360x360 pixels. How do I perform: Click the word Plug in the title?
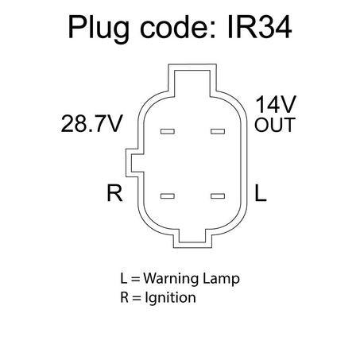99,29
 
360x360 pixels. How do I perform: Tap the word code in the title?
178,27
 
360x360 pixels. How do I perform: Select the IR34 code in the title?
260,27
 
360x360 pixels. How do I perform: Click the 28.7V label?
91,123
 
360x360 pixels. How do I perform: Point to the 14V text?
275,105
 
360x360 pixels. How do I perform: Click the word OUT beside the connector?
275,125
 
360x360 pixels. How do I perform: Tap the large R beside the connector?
114,193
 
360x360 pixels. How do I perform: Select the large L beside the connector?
260,193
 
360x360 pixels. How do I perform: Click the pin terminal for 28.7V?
168,131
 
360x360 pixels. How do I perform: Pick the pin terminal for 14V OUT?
218,131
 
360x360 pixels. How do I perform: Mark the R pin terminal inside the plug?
168,196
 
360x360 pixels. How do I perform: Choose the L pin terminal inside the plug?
218,196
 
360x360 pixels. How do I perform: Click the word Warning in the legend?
171,278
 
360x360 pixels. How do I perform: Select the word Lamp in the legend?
221,280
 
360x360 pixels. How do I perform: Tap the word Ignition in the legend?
170,298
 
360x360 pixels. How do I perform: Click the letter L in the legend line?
123,278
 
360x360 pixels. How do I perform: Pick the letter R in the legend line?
124,297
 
